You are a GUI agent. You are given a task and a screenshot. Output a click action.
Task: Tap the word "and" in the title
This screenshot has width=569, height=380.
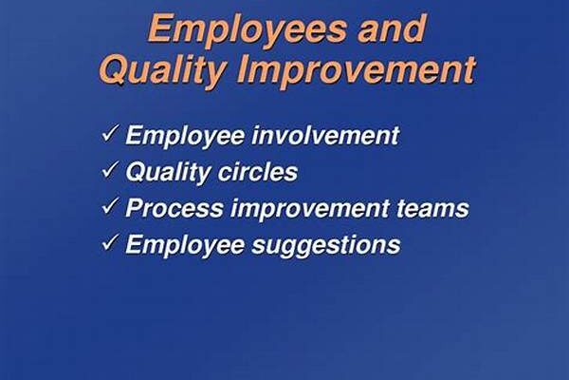coord(391,28)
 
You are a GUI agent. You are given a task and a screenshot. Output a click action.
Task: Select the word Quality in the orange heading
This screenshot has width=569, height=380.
coord(163,70)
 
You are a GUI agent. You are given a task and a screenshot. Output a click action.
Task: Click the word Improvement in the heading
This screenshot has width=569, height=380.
coord(356,70)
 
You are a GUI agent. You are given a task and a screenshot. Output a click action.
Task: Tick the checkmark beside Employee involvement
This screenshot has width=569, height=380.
coord(110,133)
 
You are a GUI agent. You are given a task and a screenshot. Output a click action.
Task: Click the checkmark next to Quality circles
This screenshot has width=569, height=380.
coord(110,169)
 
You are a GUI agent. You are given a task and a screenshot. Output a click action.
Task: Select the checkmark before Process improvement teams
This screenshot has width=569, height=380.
coord(110,206)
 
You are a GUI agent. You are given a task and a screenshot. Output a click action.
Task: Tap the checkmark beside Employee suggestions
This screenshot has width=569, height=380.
coord(110,242)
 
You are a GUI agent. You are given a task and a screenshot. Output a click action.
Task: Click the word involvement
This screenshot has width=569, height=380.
coord(325,135)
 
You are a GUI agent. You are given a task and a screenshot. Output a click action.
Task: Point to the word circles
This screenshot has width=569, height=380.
coord(257,172)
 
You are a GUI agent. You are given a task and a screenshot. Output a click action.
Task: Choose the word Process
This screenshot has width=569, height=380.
coord(174,208)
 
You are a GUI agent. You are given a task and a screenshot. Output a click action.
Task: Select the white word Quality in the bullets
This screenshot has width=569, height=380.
coord(167,173)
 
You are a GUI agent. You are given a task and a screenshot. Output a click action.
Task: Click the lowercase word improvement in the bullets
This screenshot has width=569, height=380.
coord(309,209)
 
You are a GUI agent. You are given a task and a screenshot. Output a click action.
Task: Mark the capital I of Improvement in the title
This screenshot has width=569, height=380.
coord(244,68)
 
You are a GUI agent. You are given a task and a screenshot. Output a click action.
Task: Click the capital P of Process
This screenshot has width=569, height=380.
coord(135,208)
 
